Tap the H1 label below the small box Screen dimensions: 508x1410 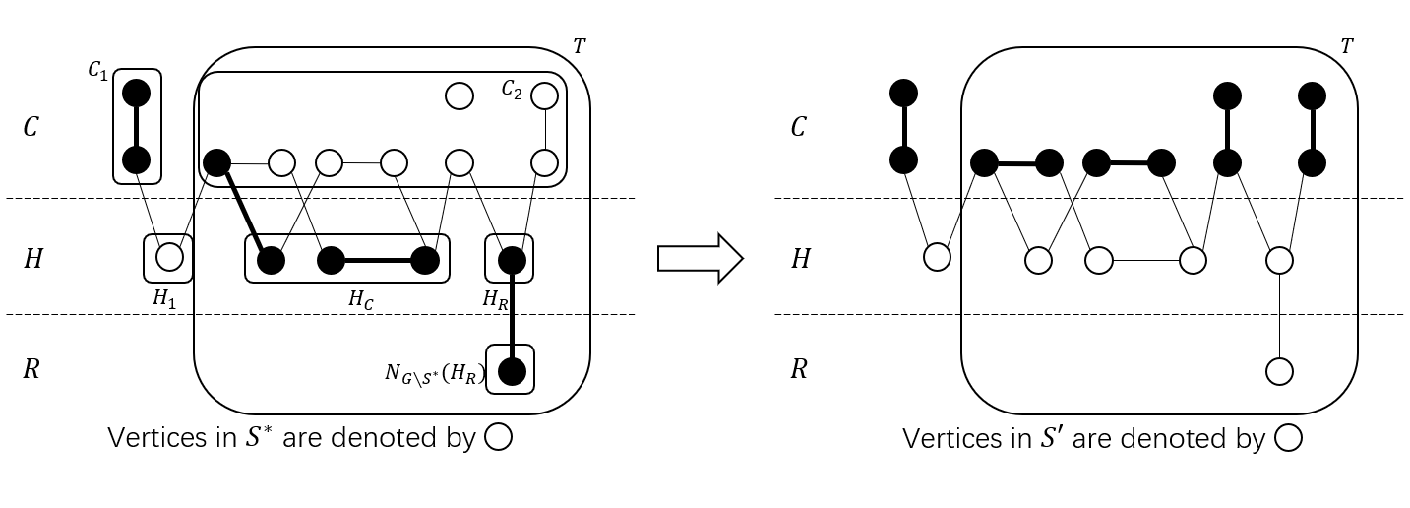coord(165,298)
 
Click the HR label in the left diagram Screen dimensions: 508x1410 coord(496,300)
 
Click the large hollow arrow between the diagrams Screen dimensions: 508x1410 coord(700,258)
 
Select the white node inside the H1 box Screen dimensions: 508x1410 coord(170,258)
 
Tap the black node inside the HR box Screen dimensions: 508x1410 coord(511,260)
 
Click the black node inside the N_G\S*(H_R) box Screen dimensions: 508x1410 coord(511,372)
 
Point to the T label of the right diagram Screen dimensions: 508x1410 coord(1346,46)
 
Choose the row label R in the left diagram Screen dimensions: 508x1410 coord(31,370)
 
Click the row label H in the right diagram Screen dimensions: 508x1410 coord(801,259)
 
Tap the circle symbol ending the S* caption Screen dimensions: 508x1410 coord(499,439)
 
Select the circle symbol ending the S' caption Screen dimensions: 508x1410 coord(1288,439)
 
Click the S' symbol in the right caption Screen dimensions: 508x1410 coord(1050,438)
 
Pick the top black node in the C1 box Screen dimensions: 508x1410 coord(136,94)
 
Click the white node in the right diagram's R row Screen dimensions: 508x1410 coord(1278,371)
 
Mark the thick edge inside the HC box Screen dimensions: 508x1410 coord(378,261)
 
